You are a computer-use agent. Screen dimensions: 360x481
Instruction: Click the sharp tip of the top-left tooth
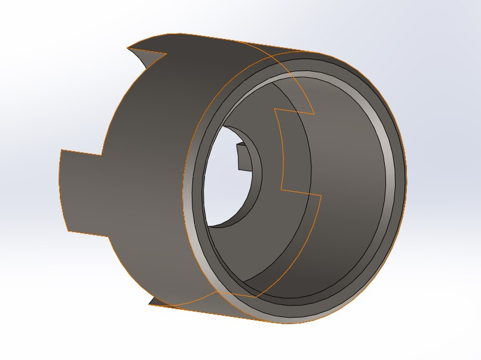point(128,47)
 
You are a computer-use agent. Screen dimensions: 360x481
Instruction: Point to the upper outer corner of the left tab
point(62,150)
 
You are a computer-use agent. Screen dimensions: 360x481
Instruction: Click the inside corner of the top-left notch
point(166,54)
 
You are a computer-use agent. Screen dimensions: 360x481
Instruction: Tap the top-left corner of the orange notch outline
point(274,109)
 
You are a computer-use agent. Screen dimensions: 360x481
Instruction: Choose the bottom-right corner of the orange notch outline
point(322,195)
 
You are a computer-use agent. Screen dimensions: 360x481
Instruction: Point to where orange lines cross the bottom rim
point(257,297)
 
